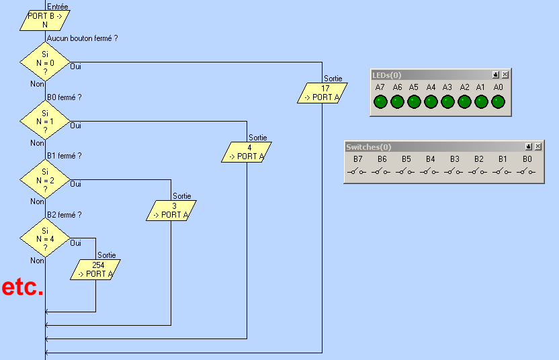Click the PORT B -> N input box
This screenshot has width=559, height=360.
45,20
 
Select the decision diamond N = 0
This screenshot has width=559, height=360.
45,62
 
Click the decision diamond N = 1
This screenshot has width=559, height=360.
45,122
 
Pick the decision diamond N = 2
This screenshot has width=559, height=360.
45,180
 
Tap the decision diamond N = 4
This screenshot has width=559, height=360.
45,238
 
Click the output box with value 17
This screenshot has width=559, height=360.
322,93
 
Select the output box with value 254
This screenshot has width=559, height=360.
95,269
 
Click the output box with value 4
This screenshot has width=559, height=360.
247,152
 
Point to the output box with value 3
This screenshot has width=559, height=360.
171,210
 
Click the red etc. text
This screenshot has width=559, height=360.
22,287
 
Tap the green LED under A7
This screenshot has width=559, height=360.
380,101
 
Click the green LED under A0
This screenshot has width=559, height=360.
498,101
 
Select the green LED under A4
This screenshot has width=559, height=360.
431,101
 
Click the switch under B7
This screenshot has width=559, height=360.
357,172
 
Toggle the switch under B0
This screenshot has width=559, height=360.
527,172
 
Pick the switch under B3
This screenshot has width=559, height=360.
454,172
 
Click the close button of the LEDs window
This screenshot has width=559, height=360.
505,75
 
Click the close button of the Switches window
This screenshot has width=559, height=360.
537,146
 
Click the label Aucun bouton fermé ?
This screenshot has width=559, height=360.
82,38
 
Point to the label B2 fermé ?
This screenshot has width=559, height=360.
64,215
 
